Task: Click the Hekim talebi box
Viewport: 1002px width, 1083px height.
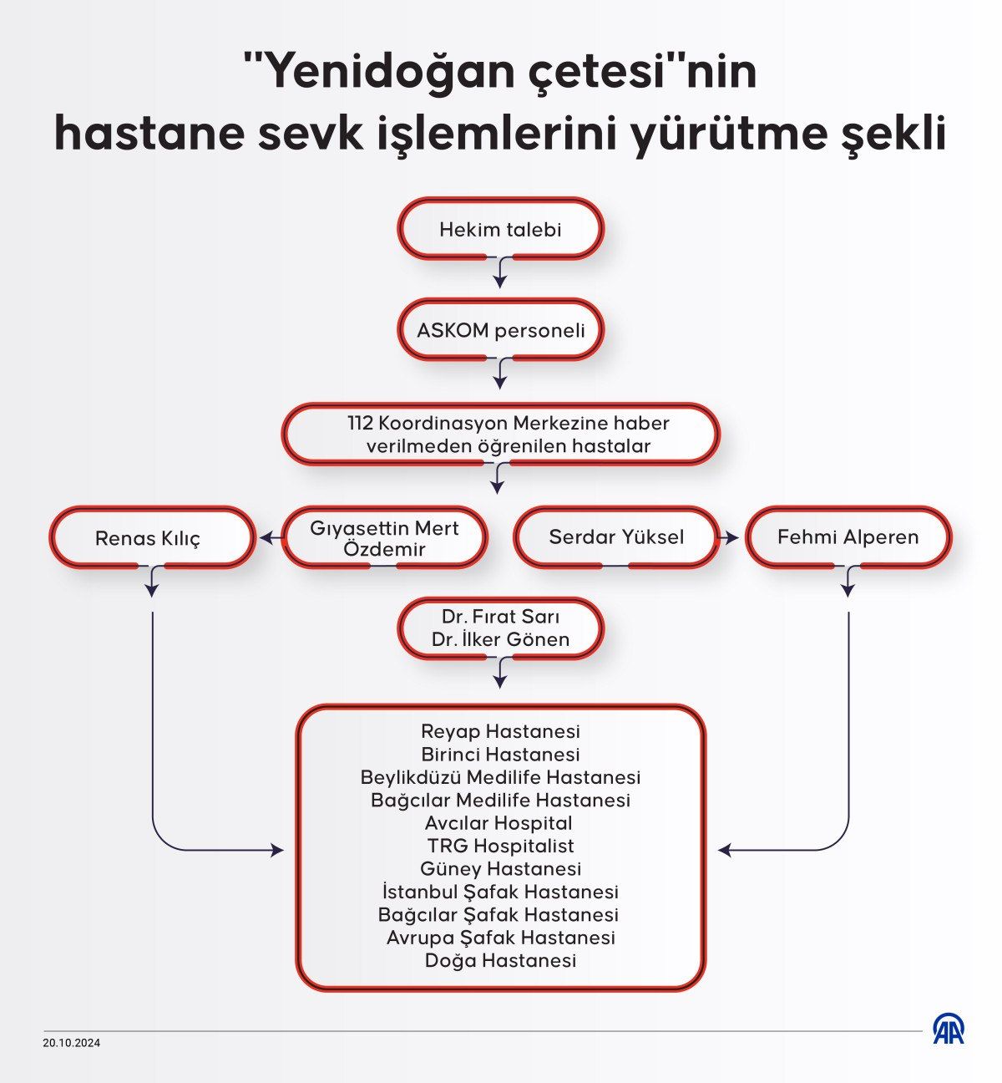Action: (500, 228)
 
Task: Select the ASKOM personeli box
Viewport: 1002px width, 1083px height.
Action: (500, 329)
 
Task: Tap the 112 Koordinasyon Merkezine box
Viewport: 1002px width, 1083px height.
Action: (500, 434)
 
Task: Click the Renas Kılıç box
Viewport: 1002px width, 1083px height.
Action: (152, 537)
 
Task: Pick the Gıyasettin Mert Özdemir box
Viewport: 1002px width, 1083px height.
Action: (384, 537)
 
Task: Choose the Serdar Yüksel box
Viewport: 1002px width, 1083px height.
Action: (616, 537)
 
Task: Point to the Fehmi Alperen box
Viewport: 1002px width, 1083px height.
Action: (848, 537)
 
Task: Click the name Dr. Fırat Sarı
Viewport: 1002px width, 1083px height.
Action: (500, 616)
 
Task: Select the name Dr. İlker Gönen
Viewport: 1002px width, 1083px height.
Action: (500, 639)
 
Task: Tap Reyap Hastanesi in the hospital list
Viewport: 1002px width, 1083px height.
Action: (500, 730)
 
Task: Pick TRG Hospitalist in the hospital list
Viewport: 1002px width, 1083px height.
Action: (500, 845)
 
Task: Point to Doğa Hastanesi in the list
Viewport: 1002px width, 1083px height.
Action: (500, 960)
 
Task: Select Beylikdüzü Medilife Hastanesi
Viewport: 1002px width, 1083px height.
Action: (500, 776)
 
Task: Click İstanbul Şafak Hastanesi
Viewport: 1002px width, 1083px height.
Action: (500, 892)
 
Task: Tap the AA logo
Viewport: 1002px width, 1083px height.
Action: (949, 1029)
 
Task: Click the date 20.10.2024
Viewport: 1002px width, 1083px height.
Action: (72, 1043)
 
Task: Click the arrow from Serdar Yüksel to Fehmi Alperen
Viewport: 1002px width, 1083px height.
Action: (727, 537)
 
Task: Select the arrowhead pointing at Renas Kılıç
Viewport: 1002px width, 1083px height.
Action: (264, 538)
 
